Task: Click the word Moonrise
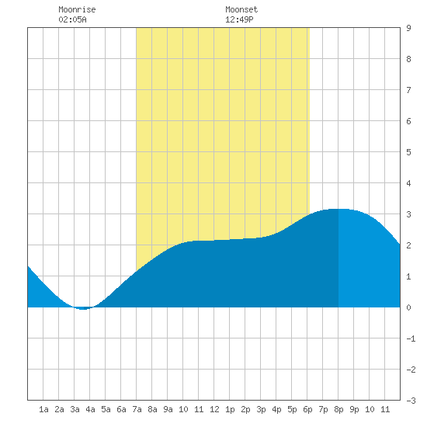[x=77, y=9]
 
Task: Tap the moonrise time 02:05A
[x=72, y=19]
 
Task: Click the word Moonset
[x=241, y=9]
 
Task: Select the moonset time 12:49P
[x=239, y=19]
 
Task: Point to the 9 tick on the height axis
[x=408, y=28]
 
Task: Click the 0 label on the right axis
[x=408, y=307]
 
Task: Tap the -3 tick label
[x=411, y=401]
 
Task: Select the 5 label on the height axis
[x=408, y=152]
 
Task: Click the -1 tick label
[x=411, y=338]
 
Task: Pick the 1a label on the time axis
[x=43, y=409]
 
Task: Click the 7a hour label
[x=137, y=409]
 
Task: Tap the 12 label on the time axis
[x=214, y=409]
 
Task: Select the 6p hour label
[x=307, y=409]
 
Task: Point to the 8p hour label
[x=338, y=409]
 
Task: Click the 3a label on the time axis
[x=75, y=409]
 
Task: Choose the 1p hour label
[x=230, y=409]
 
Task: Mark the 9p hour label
[x=354, y=409]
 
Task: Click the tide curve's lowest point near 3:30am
[x=83, y=309]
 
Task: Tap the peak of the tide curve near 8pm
[x=338, y=209]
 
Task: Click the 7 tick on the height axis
[x=408, y=90]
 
